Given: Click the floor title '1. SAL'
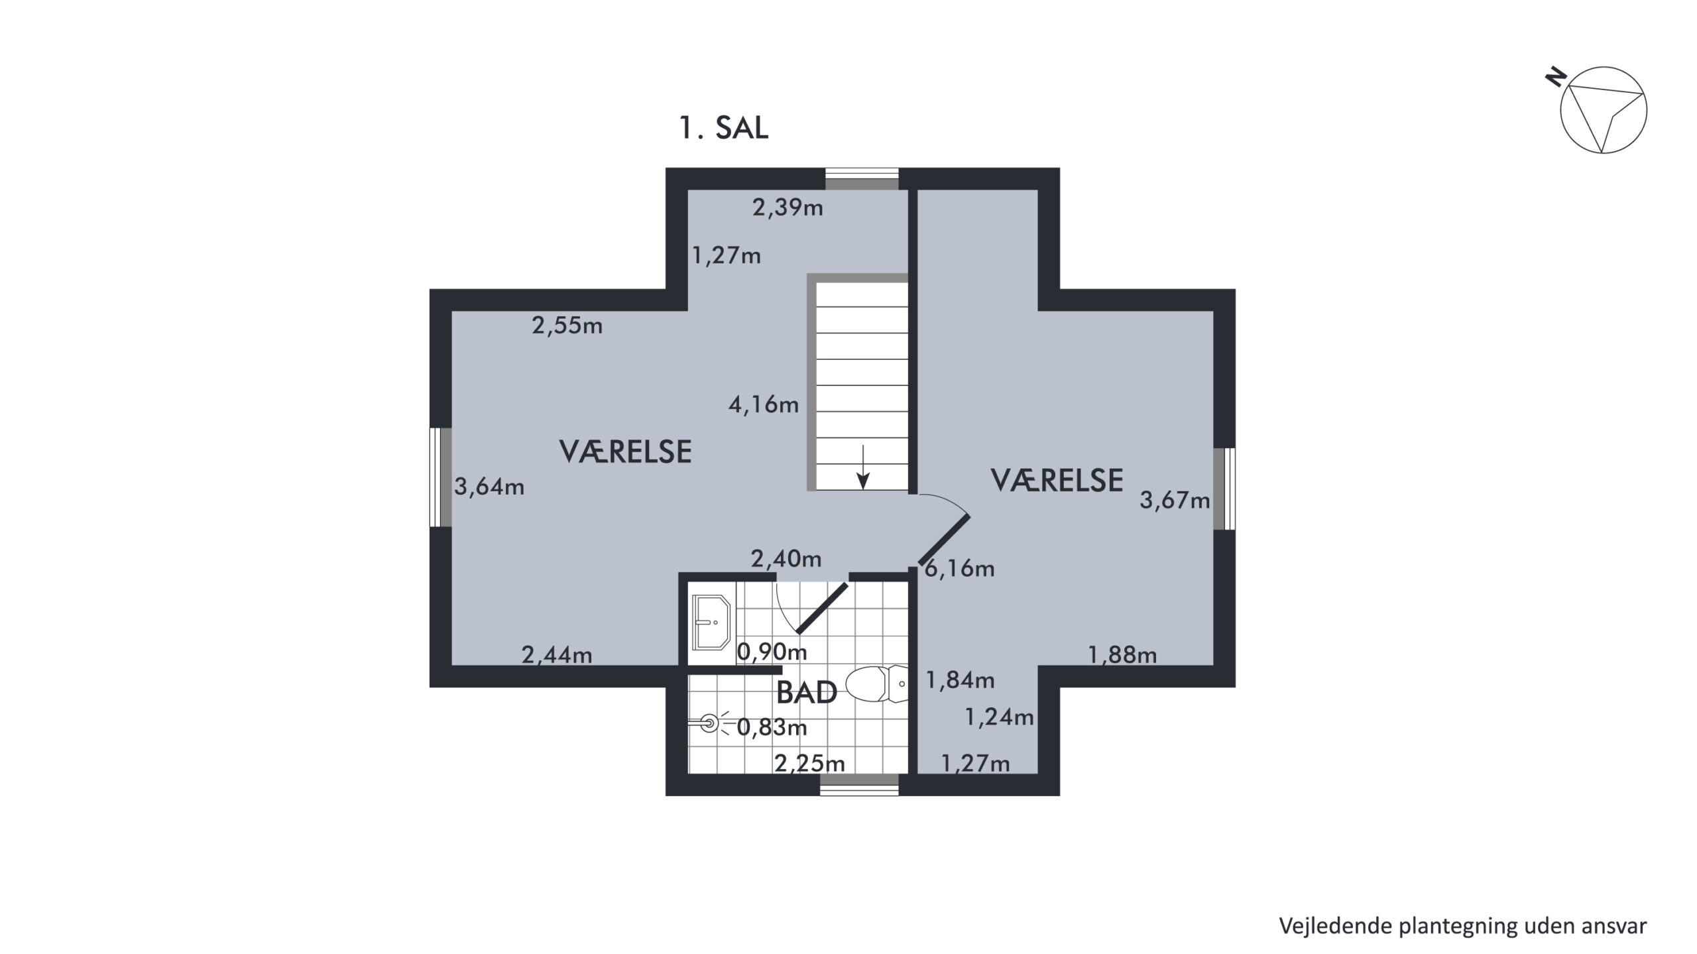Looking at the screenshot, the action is [724, 127].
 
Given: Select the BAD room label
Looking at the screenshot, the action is [806, 693].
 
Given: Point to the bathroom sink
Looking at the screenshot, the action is [711, 622].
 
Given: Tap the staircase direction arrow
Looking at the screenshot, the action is [862, 467].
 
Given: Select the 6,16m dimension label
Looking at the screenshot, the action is [959, 568].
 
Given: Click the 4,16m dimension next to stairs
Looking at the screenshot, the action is [764, 404].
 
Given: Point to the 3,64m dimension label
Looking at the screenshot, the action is [489, 487].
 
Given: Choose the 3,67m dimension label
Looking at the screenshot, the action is [1175, 500].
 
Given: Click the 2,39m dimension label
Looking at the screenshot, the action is [788, 208].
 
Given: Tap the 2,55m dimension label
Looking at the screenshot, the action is [567, 326].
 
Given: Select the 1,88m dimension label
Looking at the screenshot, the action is [1122, 656].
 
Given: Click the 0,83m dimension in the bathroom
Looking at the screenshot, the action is [772, 728].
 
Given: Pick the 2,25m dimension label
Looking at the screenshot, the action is [810, 764].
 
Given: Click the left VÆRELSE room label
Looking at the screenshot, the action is [626, 451].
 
